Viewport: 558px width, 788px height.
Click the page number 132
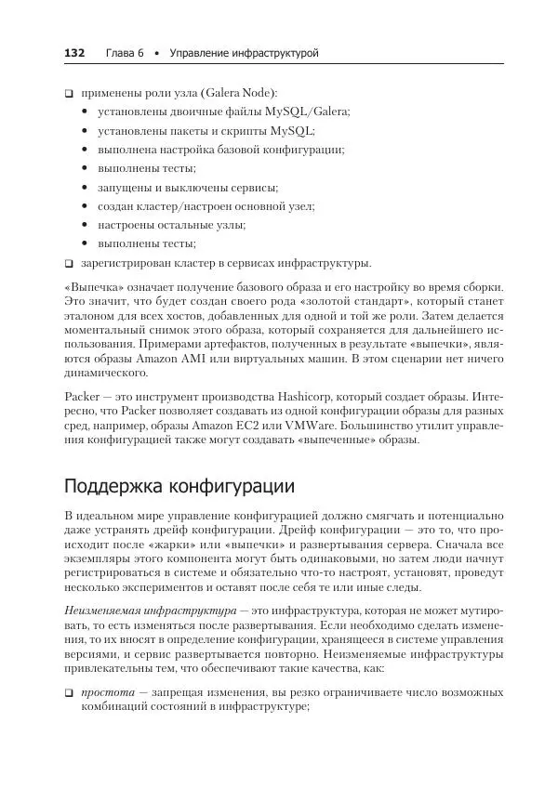pos(73,54)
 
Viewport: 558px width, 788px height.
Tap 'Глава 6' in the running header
pos(124,54)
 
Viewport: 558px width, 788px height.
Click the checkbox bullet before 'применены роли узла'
pos(69,94)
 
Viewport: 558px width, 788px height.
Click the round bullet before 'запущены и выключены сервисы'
pos(86,188)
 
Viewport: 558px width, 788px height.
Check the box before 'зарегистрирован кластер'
pos(69,263)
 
